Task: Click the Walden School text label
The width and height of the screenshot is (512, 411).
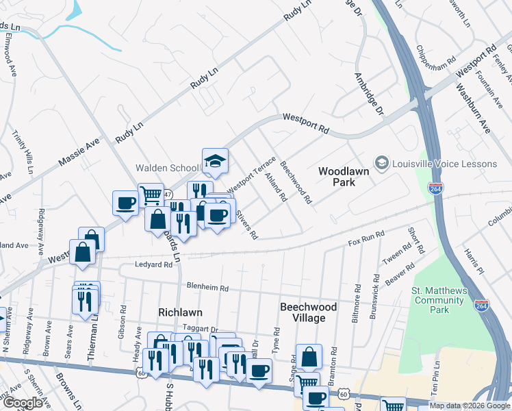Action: tap(167, 168)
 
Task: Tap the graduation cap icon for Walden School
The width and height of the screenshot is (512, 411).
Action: tap(215, 162)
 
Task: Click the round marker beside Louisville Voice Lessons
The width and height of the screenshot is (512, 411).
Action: tap(381, 163)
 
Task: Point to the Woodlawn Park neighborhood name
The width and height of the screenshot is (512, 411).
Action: tap(337, 176)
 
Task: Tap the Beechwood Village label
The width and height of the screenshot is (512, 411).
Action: tap(308, 313)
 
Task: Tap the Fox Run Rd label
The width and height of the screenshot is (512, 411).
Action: tap(363, 240)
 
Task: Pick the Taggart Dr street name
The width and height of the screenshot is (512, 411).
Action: tap(200, 329)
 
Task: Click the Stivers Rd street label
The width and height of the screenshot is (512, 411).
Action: tap(247, 225)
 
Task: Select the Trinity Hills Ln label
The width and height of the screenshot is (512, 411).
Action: tap(18, 151)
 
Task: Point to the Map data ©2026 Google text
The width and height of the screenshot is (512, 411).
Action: tap(469, 406)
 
